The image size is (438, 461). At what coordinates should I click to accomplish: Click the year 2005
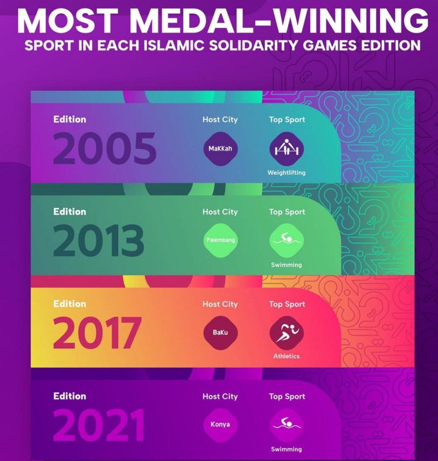coord(105,148)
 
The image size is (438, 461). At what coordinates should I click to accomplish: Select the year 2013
coord(99,240)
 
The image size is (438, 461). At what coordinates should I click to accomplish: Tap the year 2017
coord(97,333)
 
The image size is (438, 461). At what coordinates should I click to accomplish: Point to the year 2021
coord(99,425)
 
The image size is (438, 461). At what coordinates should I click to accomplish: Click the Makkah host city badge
coord(220,149)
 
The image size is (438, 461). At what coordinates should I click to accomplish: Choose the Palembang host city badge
coord(220,240)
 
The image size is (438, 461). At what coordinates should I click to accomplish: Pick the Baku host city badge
coord(220,333)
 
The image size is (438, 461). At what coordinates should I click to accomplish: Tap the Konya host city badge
coord(220,424)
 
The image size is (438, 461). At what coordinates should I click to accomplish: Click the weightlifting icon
coord(287,149)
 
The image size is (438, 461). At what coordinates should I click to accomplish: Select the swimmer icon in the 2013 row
coord(287,240)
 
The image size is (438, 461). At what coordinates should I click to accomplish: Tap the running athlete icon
coord(287,333)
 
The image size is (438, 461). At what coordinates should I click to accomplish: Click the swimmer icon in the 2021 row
coord(287,425)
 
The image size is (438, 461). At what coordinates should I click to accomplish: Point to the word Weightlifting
coord(286,173)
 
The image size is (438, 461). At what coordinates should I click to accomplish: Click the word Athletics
coord(286,356)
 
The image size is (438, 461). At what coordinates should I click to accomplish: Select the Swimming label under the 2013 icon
coord(286,265)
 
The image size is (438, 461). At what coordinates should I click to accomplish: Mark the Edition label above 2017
coord(70,304)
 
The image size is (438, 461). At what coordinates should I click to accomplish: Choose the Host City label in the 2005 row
coord(220,120)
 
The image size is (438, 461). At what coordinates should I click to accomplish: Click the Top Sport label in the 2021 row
coord(287,397)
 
